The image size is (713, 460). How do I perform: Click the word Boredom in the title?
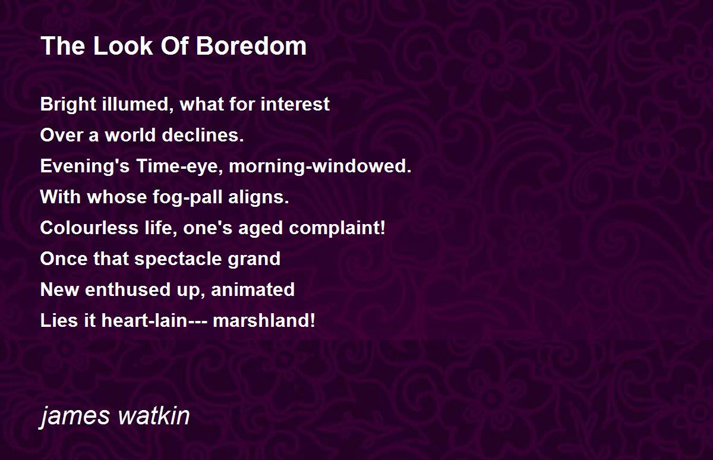pyautogui.click(x=251, y=46)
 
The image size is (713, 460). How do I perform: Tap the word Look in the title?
pyautogui.click(x=123, y=46)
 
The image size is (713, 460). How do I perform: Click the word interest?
pyautogui.click(x=295, y=105)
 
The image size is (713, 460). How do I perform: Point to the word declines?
pyautogui.click(x=203, y=135)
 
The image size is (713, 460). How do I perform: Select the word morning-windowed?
pyautogui.click(x=320, y=166)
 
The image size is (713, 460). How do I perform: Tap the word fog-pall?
pyautogui.click(x=187, y=197)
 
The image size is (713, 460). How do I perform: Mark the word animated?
pyautogui.click(x=253, y=289)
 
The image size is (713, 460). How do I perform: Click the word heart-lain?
pyautogui.click(x=144, y=320)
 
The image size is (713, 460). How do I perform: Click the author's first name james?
pyautogui.click(x=75, y=416)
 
